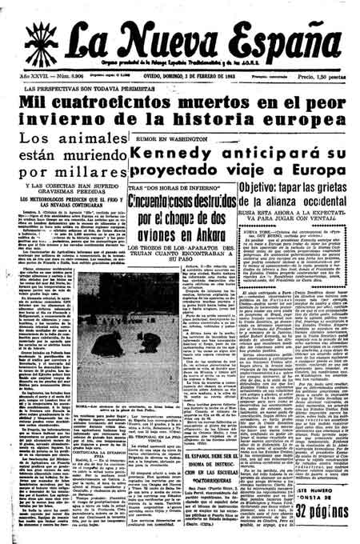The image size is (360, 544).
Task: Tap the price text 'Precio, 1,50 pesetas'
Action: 325,78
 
